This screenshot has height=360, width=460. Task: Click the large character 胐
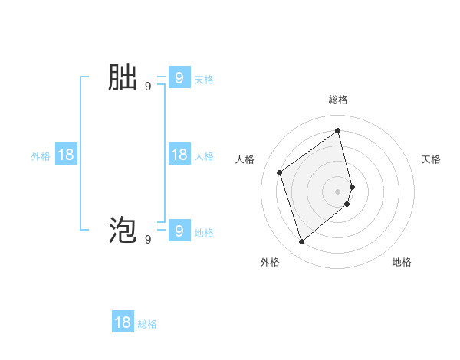[x=123, y=78]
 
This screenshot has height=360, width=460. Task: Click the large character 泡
[x=123, y=231]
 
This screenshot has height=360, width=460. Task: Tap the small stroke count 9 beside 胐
[x=148, y=87]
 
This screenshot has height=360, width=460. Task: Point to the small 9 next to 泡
[x=148, y=240]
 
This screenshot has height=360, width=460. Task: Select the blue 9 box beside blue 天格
[x=179, y=78]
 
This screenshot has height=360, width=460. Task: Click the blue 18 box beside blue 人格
[x=179, y=155]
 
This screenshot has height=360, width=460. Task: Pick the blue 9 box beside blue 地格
[x=179, y=231]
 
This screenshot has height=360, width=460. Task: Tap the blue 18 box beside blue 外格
[x=66, y=155]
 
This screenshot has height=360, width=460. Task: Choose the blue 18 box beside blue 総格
[x=123, y=322]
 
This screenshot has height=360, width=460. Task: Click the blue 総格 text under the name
[x=147, y=324]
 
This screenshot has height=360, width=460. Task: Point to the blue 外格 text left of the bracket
[x=41, y=156]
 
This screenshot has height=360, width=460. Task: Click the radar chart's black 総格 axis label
[x=338, y=100]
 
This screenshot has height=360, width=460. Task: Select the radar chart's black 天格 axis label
[x=432, y=159]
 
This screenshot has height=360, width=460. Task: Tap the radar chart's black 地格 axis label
[x=402, y=262]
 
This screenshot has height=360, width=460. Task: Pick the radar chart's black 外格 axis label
[x=270, y=262]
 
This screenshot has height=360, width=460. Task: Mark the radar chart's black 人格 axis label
[x=245, y=159]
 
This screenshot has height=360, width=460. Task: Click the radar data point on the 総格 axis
[x=338, y=130]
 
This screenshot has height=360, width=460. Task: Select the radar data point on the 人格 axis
[x=280, y=172]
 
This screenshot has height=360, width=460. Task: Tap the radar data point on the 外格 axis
[x=302, y=242]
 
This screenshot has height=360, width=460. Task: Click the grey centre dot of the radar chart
[x=338, y=191]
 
